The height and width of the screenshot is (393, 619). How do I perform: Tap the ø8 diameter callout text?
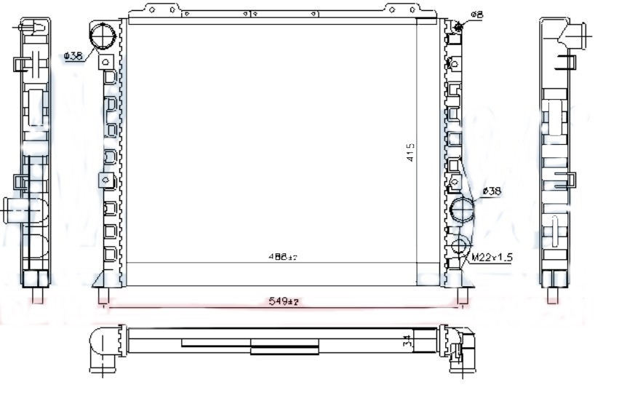[x=476, y=14]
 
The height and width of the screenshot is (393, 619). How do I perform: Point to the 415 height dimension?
[x=410, y=152]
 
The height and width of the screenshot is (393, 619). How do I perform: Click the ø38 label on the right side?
[x=492, y=191]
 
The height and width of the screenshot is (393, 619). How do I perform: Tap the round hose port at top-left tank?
[x=104, y=35]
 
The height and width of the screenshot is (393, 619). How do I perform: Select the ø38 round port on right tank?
[x=461, y=210]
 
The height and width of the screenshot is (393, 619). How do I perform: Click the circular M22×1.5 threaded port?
[x=460, y=245]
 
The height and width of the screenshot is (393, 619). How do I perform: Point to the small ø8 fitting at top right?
[x=458, y=26]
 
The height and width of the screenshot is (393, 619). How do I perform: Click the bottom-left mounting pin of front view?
[x=103, y=297]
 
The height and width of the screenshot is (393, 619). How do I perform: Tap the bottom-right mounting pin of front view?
[x=462, y=297]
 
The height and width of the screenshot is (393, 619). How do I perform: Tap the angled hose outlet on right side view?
[x=578, y=34]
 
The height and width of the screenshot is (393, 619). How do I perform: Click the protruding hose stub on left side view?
[x=14, y=210]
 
